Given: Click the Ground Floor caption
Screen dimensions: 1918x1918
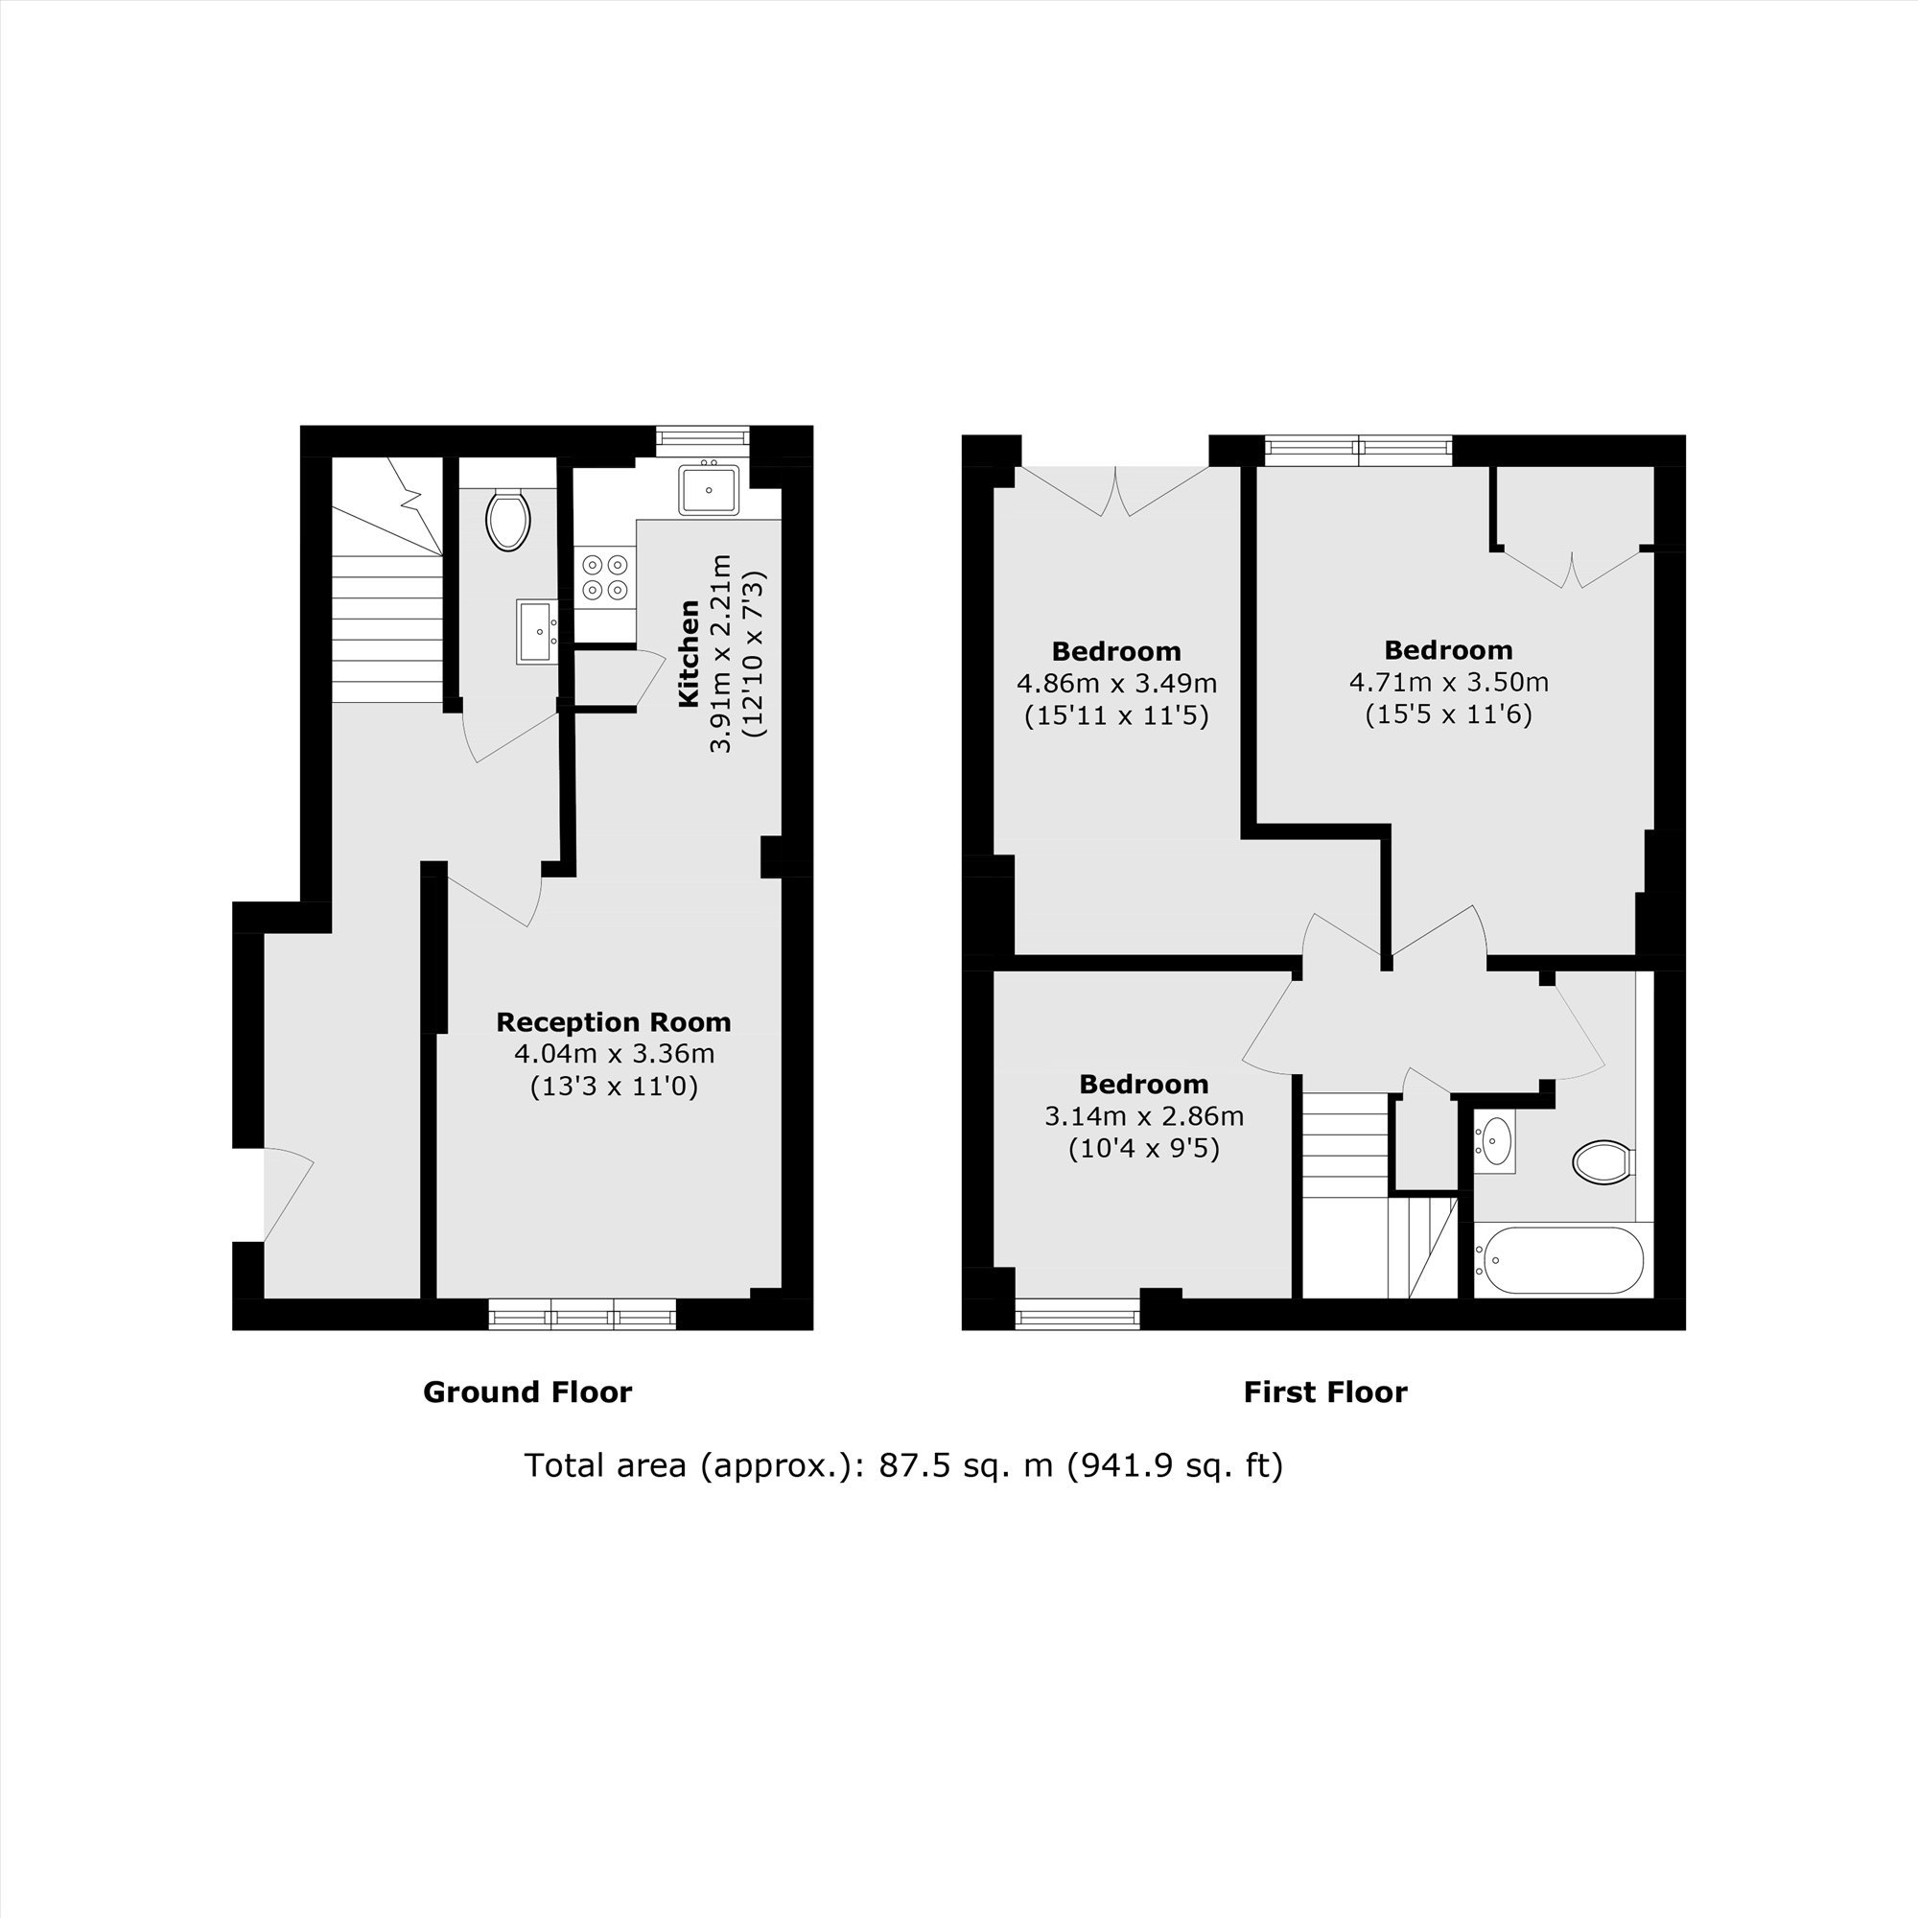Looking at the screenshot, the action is coord(527,1392).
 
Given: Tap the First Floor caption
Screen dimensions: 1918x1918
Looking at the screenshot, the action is coord(1325,1392).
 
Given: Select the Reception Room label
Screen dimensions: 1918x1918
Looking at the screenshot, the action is coord(614,1021).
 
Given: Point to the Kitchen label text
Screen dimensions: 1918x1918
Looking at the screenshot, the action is coord(688,654).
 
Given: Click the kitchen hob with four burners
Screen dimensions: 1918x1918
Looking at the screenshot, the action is coord(605,576).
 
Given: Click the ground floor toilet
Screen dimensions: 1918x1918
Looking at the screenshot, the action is coord(508,519).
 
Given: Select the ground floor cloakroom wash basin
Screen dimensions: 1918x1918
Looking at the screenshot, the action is coord(537,630).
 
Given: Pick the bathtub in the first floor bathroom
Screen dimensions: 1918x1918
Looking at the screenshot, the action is coord(1557,1260).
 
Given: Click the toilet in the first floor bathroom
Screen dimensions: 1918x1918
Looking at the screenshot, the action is coord(1604,1161).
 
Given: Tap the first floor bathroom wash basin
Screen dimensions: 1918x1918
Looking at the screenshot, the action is coord(1494,1140).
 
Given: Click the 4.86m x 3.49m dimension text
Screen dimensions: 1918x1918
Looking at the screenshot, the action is coord(1117,683).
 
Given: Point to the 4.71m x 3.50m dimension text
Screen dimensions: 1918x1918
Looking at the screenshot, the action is coord(1448,682).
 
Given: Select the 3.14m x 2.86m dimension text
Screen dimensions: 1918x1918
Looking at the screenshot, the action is coord(1144,1116).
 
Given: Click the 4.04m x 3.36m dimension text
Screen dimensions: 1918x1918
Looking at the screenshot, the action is coord(614,1053).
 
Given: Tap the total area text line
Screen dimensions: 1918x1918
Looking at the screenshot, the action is coord(903,1465).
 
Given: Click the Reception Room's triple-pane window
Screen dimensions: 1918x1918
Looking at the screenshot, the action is coord(582,1315).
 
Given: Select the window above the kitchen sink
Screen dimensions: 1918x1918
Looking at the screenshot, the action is coord(703,436).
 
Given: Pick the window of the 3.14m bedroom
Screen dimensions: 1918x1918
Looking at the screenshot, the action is coord(1077,1315).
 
